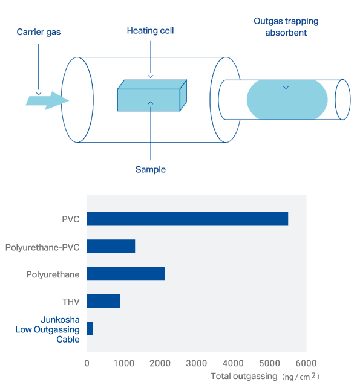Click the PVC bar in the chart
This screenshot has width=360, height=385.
[187, 219]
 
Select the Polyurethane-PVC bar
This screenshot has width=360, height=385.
[111, 246]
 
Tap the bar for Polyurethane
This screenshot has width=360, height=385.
[126, 274]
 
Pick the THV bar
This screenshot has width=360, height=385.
[103, 301]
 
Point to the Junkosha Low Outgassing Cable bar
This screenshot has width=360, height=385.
[90, 329]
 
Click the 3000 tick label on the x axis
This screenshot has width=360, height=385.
[197, 363]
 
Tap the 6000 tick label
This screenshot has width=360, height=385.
[306, 363]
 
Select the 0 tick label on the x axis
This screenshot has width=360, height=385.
[87, 363]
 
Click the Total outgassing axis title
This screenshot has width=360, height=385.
[265, 376]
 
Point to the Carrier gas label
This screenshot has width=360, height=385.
[39, 32]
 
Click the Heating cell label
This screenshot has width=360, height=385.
[151, 31]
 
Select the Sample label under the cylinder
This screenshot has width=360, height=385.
[151, 169]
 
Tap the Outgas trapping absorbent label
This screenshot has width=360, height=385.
[286, 27]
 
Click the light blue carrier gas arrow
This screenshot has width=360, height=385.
[47, 101]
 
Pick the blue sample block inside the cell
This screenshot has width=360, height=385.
[152, 95]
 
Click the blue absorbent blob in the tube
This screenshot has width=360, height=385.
[287, 100]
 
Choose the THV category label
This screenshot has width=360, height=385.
[71, 302]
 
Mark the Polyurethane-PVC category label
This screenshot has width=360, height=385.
[42, 247]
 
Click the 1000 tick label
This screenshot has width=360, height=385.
[124, 363]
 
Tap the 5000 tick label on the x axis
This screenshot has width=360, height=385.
[270, 363]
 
